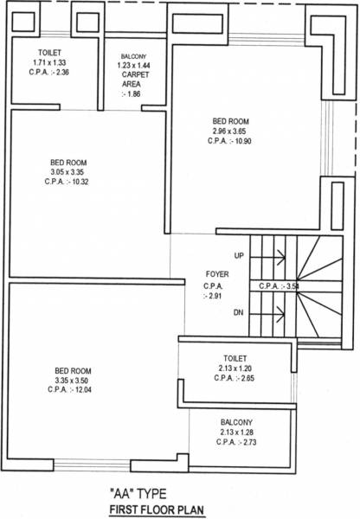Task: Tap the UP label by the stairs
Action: (239, 255)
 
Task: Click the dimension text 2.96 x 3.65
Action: (231, 131)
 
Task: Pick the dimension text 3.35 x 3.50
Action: (68, 380)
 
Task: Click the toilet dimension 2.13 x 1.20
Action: (235, 368)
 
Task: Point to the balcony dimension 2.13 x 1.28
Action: (235, 432)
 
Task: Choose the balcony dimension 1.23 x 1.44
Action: (134, 65)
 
